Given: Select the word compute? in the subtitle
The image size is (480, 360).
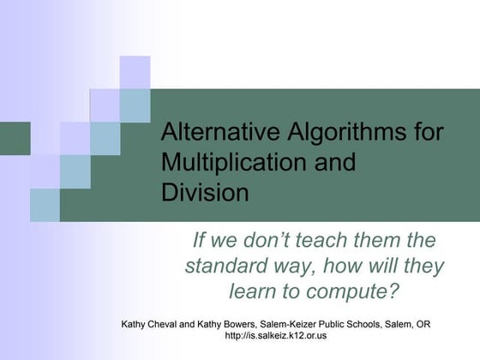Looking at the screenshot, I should (x=355, y=291).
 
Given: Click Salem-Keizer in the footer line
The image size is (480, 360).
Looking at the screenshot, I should (x=301, y=324).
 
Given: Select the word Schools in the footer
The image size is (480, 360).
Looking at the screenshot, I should (x=375, y=324).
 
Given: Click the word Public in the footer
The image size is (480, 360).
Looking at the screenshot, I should (x=345, y=324).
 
